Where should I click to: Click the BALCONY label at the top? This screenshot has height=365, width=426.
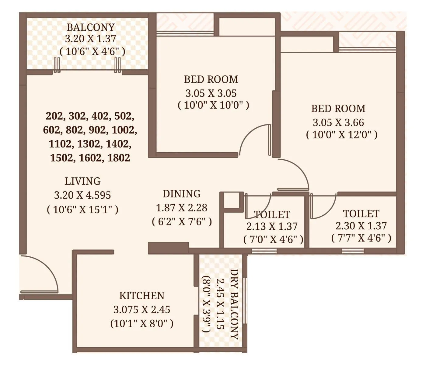click(x=90, y=27)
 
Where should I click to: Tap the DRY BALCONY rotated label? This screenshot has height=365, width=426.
click(x=234, y=304)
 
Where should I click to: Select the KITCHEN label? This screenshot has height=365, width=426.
click(x=141, y=296)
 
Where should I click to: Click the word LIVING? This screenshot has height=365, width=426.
click(x=82, y=181)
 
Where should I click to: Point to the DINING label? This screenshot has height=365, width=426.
click(x=182, y=194)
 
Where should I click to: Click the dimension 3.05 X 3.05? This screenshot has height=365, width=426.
click(x=211, y=93)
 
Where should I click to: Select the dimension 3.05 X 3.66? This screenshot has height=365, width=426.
click(x=338, y=123)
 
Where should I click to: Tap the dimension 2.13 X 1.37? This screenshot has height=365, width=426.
click(x=272, y=226)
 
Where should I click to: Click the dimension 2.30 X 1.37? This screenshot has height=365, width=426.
click(x=361, y=226)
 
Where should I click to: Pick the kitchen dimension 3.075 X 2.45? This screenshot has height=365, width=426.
click(x=141, y=310)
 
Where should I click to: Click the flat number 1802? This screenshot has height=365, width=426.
click(x=119, y=158)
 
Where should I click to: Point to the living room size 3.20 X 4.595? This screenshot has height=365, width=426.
click(x=82, y=195)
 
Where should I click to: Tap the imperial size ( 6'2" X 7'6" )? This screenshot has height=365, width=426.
click(x=182, y=221)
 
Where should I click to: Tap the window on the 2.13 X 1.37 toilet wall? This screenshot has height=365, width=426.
click(x=264, y=251)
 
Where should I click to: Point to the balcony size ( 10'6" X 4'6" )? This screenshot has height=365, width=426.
click(x=92, y=51)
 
